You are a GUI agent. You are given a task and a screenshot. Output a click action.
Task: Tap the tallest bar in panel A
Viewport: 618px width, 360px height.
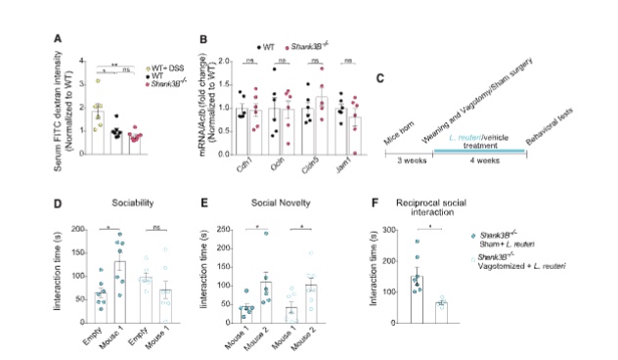99,132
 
